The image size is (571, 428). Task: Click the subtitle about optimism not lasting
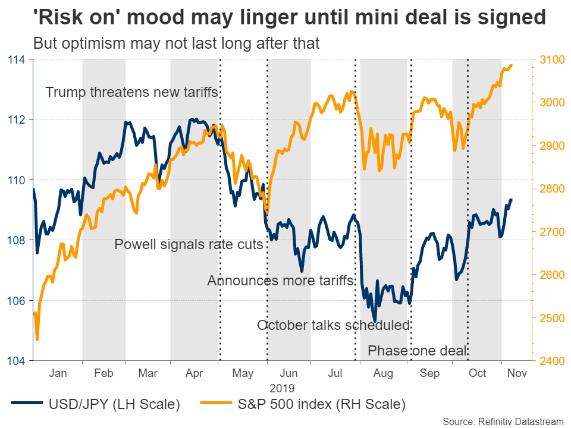pyautogui.click(x=177, y=43)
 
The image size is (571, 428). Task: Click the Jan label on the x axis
pyautogui.click(x=58, y=373)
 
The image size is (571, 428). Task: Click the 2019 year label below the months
pyautogui.click(x=282, y=388)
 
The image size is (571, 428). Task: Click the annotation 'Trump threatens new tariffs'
pyautogui.click(x=132, y=92)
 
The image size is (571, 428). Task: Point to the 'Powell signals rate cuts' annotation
pyautogui.click(x=189, y=244)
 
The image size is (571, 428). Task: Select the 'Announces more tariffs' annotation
pyautogui.click(x=280, y=281)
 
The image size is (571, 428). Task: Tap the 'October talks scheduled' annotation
pyautogui.click(x=334, y=325)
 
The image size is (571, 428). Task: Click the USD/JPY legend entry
pyautogui.click(x=107, y=405)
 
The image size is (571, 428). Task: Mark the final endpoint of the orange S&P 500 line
pyautogui.click(x=512, y=66)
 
